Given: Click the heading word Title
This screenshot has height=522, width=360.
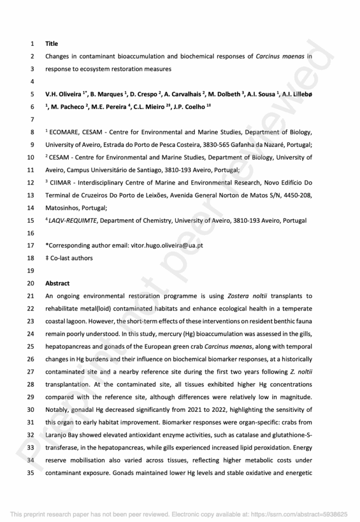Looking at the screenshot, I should pyautogui.click(x=52, y=44).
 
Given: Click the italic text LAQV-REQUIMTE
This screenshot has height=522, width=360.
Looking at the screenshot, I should pyautogui.click(x=71, y=221).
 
